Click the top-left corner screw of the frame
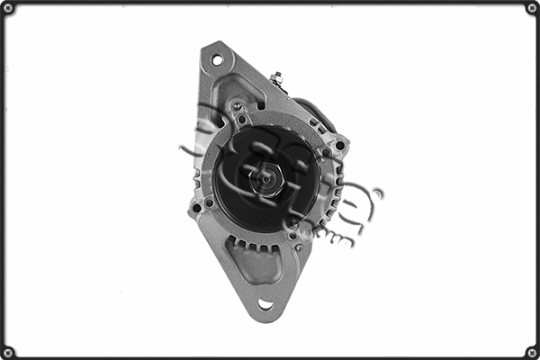(8, 8)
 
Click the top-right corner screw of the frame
(531, 8)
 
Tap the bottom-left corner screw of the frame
(8, 351)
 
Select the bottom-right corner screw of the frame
(531, 351)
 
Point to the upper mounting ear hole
(217, 60)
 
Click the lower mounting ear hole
(265, 304)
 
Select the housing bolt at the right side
(340, 145)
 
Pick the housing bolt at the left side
(196, 208)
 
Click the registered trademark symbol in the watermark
(377, 193)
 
